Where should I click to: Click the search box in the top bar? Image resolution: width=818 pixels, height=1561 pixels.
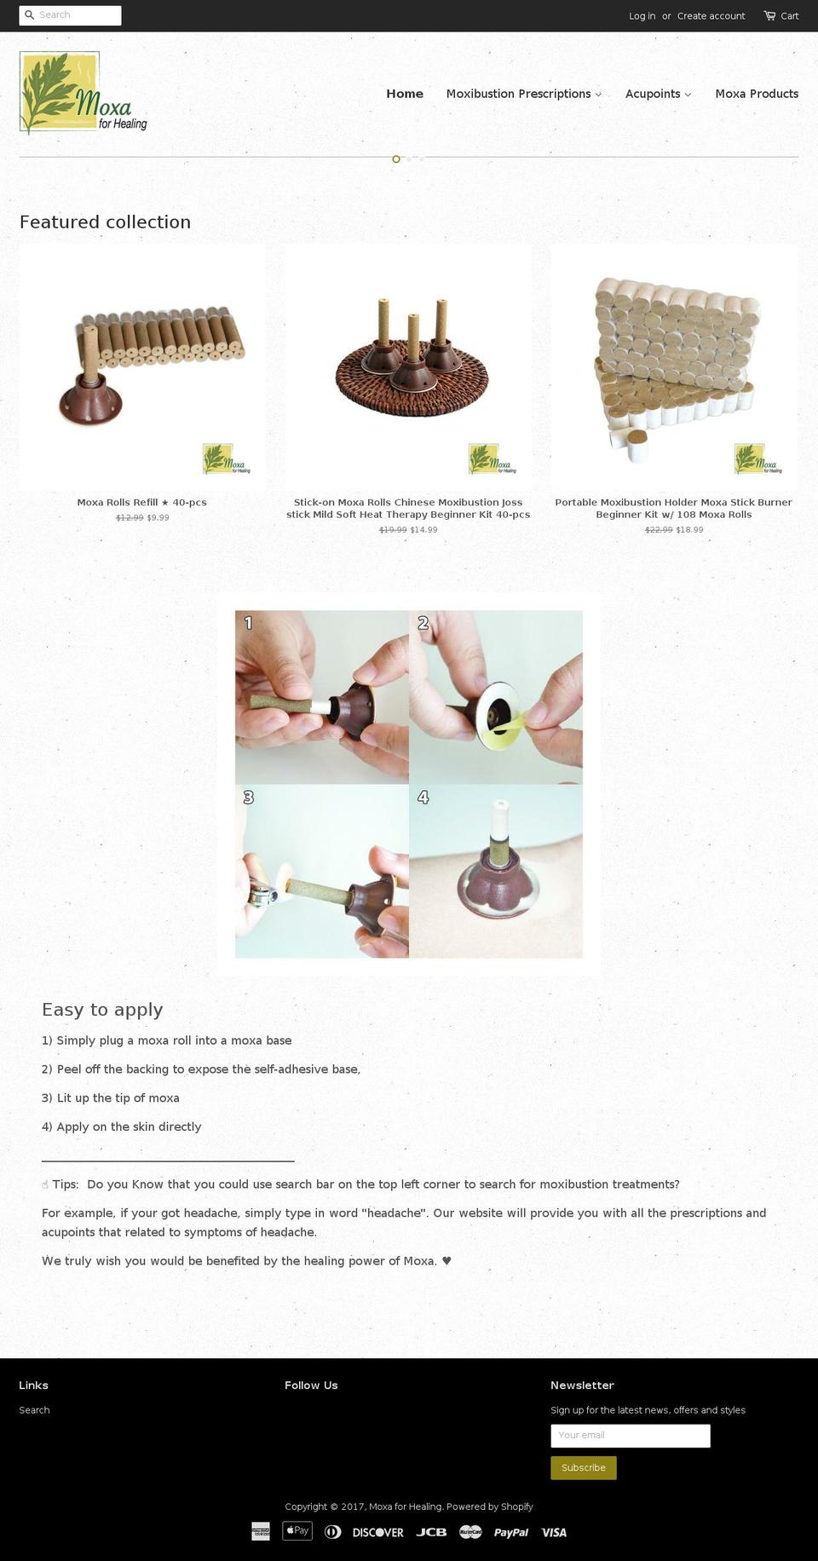click(x=77, y=15)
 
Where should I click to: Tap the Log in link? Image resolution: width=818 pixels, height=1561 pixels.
click(x=642, y=16)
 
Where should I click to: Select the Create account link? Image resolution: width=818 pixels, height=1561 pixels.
click(x=711, y=16)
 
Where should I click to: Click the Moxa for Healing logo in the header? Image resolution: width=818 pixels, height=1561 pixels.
click(x=83, y=93)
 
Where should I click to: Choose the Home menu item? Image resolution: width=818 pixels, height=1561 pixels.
click(x=405, y=94)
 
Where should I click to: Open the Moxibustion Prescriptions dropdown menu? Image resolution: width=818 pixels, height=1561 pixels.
click(x=523, y=94)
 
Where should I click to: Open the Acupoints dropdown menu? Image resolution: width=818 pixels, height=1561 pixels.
click(x=658, y=94)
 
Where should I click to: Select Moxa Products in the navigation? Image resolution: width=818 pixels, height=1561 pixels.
click(x=757, y=94)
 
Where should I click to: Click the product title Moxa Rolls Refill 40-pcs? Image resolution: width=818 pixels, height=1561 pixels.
click(x=141, y=503)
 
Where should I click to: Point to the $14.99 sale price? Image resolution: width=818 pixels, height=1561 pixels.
click(x=423, y=530)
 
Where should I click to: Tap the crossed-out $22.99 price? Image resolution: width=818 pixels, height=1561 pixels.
click(x=659, y=530)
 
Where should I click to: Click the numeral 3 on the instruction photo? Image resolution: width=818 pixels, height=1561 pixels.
click(x=248, y=798)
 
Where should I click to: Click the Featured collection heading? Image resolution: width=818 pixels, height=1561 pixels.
click(x=105, y=222)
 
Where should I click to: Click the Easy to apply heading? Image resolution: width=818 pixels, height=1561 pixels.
click(x=102, y=1010)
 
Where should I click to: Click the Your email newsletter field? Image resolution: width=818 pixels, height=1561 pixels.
click(x=630, y=1436)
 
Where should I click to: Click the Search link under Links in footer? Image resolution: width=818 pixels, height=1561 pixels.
click(x=34, y=1410)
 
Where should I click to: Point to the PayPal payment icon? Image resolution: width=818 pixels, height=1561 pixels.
click(x=511, y=1532)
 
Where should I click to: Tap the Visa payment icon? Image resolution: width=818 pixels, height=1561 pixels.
click(x=554, y=1532)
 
